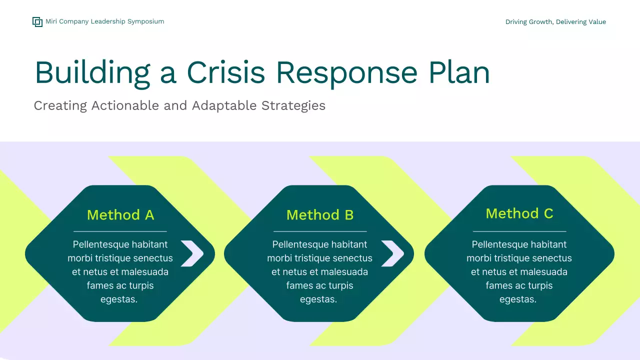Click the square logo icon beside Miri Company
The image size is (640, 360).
(37, 21)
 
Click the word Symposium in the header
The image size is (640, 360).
(145, 21)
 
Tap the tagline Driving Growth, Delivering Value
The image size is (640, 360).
(555, 22)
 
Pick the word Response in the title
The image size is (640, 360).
(346, 72)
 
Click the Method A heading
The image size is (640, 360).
(120, 215)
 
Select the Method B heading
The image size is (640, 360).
(320, 215)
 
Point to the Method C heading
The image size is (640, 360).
(519, 213)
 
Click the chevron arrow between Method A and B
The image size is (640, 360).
(192, 253)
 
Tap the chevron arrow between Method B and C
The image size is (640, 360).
(392, 253)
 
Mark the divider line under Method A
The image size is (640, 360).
(120, 231)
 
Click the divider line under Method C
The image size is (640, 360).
(519, 231)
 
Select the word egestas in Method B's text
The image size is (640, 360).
(318, 299)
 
